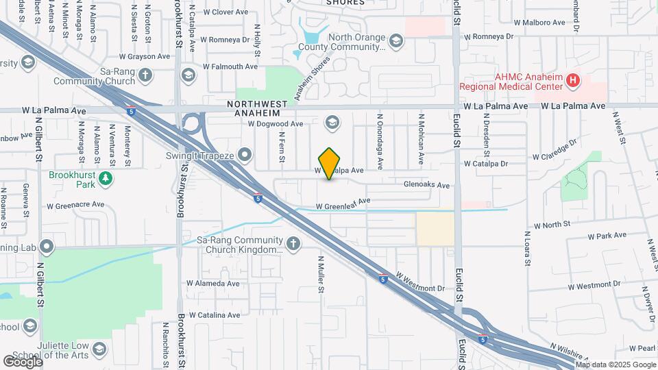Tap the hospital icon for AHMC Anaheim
573,82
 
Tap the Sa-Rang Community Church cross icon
145,75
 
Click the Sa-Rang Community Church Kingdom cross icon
293,244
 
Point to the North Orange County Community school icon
395,42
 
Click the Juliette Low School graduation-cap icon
100,349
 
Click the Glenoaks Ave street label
426,185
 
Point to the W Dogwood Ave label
275,124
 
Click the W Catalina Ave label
215,315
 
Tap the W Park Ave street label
607,236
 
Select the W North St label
552,225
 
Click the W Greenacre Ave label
75,205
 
